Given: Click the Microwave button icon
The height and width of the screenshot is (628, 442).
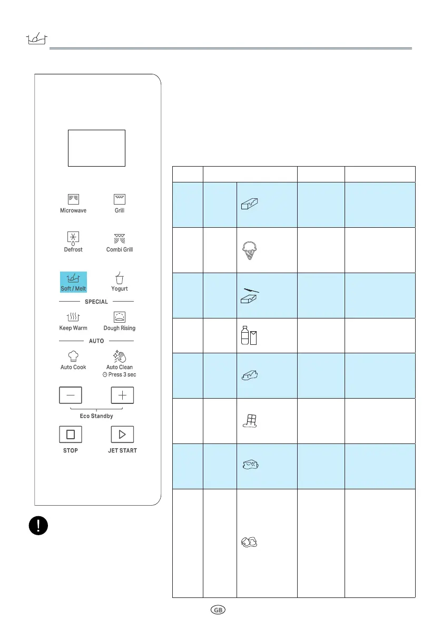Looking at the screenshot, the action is (73, 199).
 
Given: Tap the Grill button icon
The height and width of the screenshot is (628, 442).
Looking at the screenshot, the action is (120, 199).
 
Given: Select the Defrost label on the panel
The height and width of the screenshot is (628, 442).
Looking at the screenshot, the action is (73, 249).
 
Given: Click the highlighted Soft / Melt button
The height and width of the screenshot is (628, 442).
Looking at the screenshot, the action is (73, 282).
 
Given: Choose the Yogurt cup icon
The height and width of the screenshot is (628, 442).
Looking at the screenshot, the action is (120, 277).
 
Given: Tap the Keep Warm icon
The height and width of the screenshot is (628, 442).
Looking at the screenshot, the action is (73, 316).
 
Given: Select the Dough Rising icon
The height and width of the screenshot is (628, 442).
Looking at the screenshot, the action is (120, 316).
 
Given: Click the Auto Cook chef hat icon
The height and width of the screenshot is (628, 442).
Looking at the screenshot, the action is (73, 356).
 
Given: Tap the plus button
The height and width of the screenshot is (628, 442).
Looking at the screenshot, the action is (122, 395).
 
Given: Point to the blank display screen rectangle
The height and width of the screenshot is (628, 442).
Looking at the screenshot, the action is (97, 148).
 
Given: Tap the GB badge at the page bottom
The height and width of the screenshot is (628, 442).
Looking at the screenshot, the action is (218, 609).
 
